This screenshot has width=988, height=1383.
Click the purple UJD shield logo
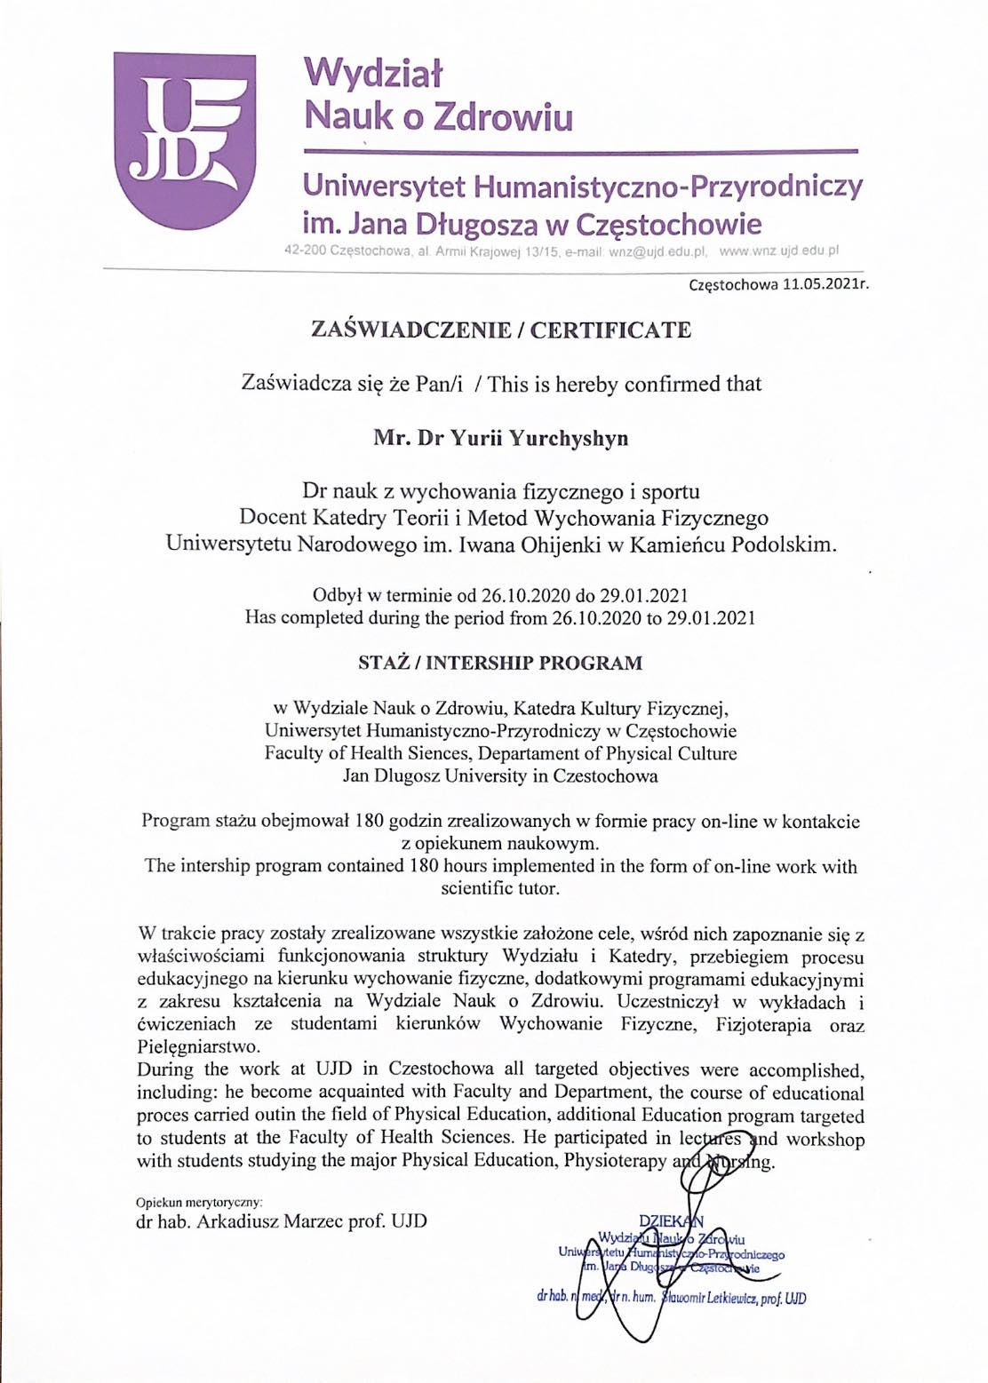pyautogui.click(x=185, y=139)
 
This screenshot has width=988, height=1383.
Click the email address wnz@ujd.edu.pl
pyautogui.click(x=657, y=251)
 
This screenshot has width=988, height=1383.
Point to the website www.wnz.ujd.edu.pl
pyautogui.click(x=778, y=251)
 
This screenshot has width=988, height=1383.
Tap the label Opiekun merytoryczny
pyautogui.click(x=199, y=1203)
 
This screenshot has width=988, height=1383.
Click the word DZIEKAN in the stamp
pyautogui.click(x=671, y=1221)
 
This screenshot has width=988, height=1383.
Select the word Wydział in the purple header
pyautogui.click(x=373, y=73)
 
